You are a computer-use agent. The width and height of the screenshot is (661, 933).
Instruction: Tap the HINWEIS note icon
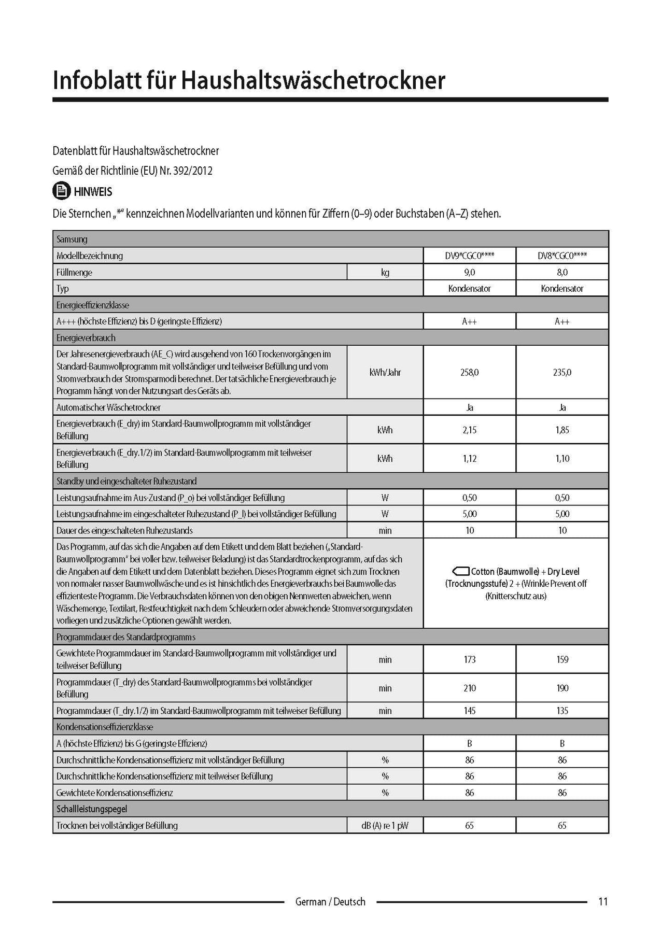point(61,191)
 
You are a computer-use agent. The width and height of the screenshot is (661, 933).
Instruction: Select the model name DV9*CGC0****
point(469,256)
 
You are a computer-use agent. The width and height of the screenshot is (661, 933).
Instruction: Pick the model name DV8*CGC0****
point(562,256)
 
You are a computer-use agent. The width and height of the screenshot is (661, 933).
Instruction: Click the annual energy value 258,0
point(469,372)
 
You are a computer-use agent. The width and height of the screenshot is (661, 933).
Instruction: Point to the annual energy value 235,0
point(562,372)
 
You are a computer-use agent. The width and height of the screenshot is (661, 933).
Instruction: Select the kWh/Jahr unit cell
point(385,372)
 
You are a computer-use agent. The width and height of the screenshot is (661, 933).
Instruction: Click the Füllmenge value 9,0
point(469,272)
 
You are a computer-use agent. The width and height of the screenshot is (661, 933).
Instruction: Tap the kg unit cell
point(385,272)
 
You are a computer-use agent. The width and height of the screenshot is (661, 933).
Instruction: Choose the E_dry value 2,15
point(469,430)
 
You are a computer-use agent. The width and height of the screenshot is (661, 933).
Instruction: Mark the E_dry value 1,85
point(562,430)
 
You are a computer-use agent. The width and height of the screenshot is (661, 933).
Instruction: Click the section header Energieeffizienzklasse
point(93,305)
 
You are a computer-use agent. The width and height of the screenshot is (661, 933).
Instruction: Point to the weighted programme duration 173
point(469,659)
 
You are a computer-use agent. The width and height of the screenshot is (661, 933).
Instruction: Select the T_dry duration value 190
point(562,688)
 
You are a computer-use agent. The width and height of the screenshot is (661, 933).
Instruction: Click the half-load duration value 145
point(469,711)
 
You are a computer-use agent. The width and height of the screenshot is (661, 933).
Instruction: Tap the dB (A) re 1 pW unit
point(385,825)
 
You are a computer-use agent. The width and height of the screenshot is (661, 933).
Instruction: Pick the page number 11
point(602,901)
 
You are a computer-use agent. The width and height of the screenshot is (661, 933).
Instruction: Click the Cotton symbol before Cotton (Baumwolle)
point(460,571)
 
